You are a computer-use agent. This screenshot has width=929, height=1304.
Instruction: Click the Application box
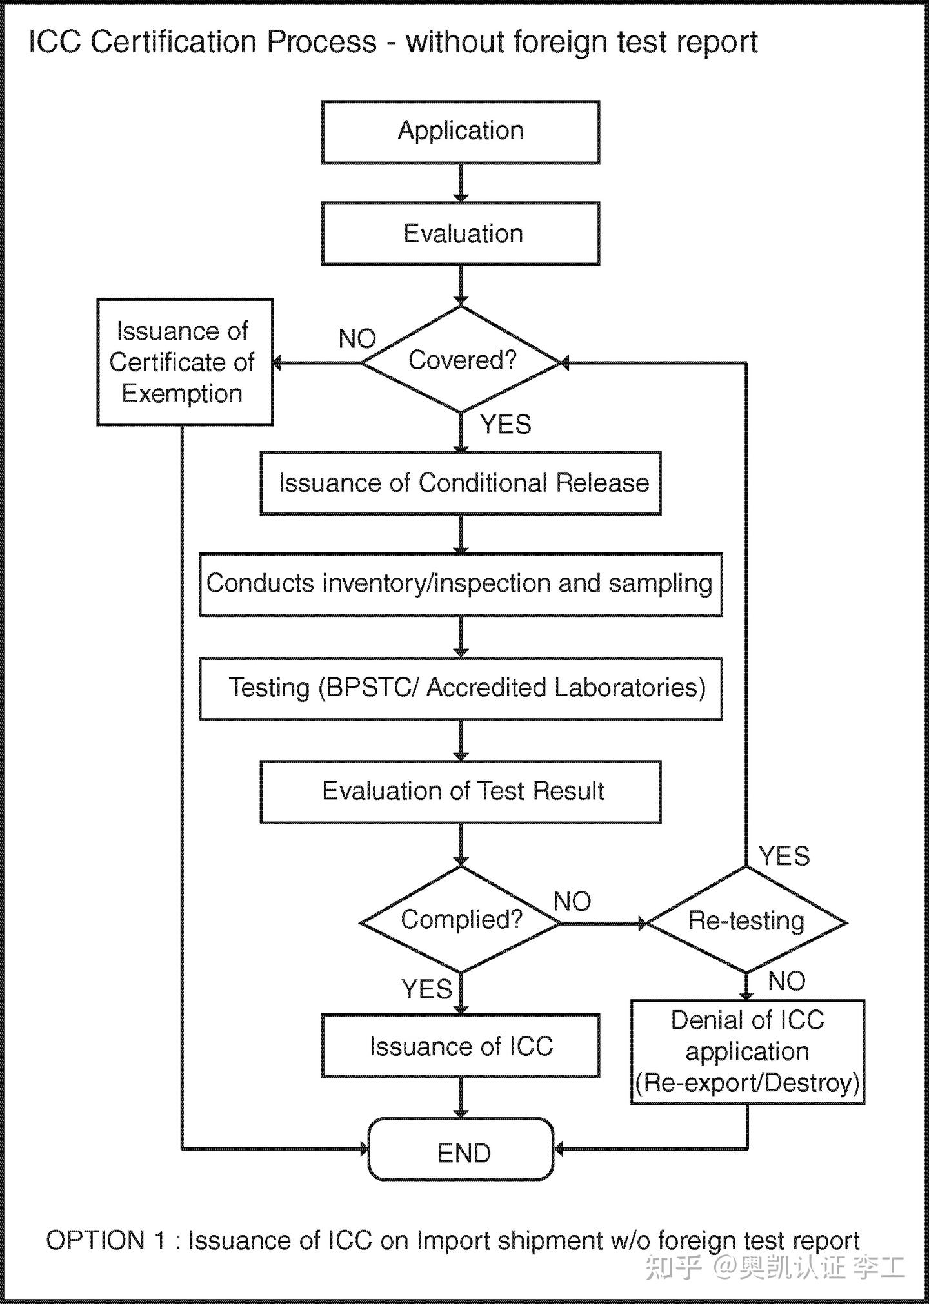461,132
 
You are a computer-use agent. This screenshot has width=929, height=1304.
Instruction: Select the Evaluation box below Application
461,233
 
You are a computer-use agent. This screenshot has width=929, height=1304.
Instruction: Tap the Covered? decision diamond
461,360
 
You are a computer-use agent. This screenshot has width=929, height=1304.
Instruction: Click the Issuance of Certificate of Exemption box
185,362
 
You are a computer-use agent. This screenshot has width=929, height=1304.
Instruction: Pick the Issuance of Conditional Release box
461,483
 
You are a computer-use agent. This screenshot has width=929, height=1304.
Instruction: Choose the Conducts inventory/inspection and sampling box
461,584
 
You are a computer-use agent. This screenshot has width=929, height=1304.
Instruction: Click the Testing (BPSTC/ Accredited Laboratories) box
461,688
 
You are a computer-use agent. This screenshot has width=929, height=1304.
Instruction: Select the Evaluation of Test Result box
461,792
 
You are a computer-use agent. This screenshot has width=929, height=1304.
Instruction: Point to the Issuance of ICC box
461,1046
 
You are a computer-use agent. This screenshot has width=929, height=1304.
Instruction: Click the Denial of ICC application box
748,1053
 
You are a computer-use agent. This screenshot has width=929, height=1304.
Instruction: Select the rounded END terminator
461,1153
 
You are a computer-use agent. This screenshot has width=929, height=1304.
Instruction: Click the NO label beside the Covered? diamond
357,339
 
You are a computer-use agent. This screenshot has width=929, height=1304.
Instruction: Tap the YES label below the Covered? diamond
506,425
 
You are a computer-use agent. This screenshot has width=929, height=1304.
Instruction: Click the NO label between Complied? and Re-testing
572,902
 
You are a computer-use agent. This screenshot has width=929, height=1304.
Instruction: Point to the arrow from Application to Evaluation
461,183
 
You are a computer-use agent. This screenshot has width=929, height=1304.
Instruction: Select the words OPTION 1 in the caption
105,1240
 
